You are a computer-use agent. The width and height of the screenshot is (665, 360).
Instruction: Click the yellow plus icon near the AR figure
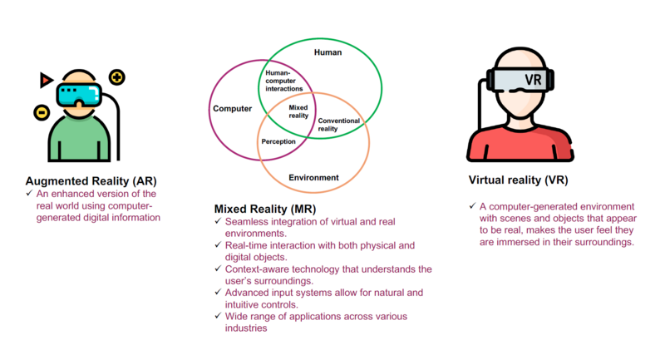(117, 77)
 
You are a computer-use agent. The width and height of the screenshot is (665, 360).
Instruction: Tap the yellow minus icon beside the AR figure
(42, 112)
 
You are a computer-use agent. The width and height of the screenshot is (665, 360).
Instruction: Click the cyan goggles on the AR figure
(79, 95)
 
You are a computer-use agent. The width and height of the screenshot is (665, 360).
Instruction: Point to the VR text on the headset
(533, 80)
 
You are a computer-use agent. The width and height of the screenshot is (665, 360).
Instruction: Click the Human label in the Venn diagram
(328, 52)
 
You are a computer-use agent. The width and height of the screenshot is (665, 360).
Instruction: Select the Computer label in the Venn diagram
(233, 109)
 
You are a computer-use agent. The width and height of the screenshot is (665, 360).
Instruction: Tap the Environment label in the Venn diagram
(314, 178)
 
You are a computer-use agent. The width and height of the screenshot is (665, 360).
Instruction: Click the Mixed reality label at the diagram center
(298, 111)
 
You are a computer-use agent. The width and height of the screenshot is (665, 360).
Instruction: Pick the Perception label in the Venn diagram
(278, 141)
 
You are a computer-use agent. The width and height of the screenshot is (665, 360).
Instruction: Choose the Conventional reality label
(339, 125)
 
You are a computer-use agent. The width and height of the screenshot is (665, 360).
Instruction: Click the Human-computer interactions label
(284, 81)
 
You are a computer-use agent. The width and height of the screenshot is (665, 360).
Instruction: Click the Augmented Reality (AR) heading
(91, 181)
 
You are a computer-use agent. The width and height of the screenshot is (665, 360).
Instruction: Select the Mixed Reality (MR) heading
(265, 209)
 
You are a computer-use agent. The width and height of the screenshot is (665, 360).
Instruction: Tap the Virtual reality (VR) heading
(518, 180)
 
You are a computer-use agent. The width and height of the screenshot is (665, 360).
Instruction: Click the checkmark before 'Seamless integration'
(218, 221)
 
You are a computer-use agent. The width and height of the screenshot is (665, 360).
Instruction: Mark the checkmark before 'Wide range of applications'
(218, 315)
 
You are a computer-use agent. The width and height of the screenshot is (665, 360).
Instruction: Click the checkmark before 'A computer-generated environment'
(472, 205)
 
